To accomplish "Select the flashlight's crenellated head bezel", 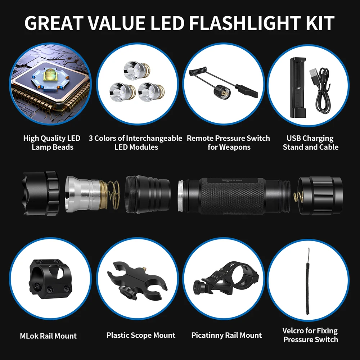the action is pos(40,193).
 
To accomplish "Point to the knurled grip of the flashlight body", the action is pos(232,196).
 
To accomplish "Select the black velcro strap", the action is pos(308,281).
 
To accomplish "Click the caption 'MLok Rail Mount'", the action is pos(48,336).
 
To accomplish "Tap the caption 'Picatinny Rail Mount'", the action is pos(226,335).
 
